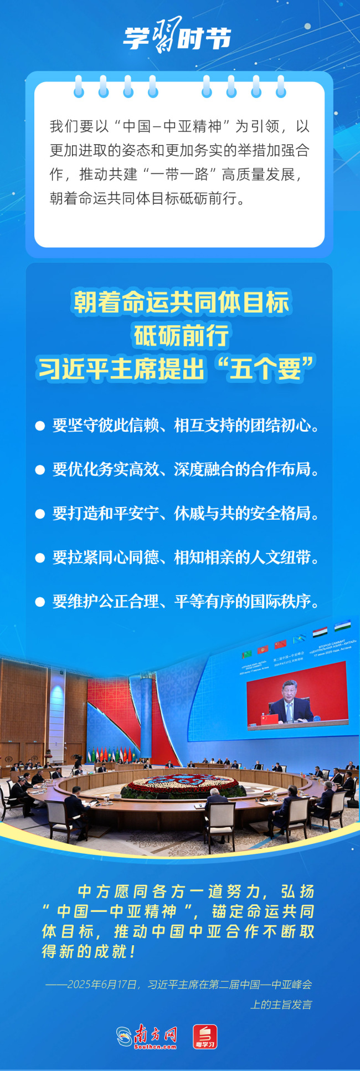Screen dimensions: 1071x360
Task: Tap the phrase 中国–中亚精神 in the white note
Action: pyautogui.click(x=172, y=127)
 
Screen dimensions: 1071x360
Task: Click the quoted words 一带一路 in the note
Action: pyautogui.click(x=179, y=175)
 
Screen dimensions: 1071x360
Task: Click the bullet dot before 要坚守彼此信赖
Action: pyautogui.click(x=40, y=426)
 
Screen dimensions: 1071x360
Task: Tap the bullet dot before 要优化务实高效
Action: pyautogui.click(x=40, y=470)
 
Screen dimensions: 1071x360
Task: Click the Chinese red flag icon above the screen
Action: pyautogui.click(x=280, y=644)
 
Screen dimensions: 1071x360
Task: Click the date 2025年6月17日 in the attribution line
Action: pyautogui.click(x=102, y=985)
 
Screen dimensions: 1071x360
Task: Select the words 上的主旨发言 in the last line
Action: pyautogui.click(x=281, y=1005)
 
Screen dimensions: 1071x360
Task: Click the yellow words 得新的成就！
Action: pyautogui.click(x=89, y=951)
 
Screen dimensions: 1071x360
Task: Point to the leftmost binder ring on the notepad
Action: pyautogui.click(x=79, y=86)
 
